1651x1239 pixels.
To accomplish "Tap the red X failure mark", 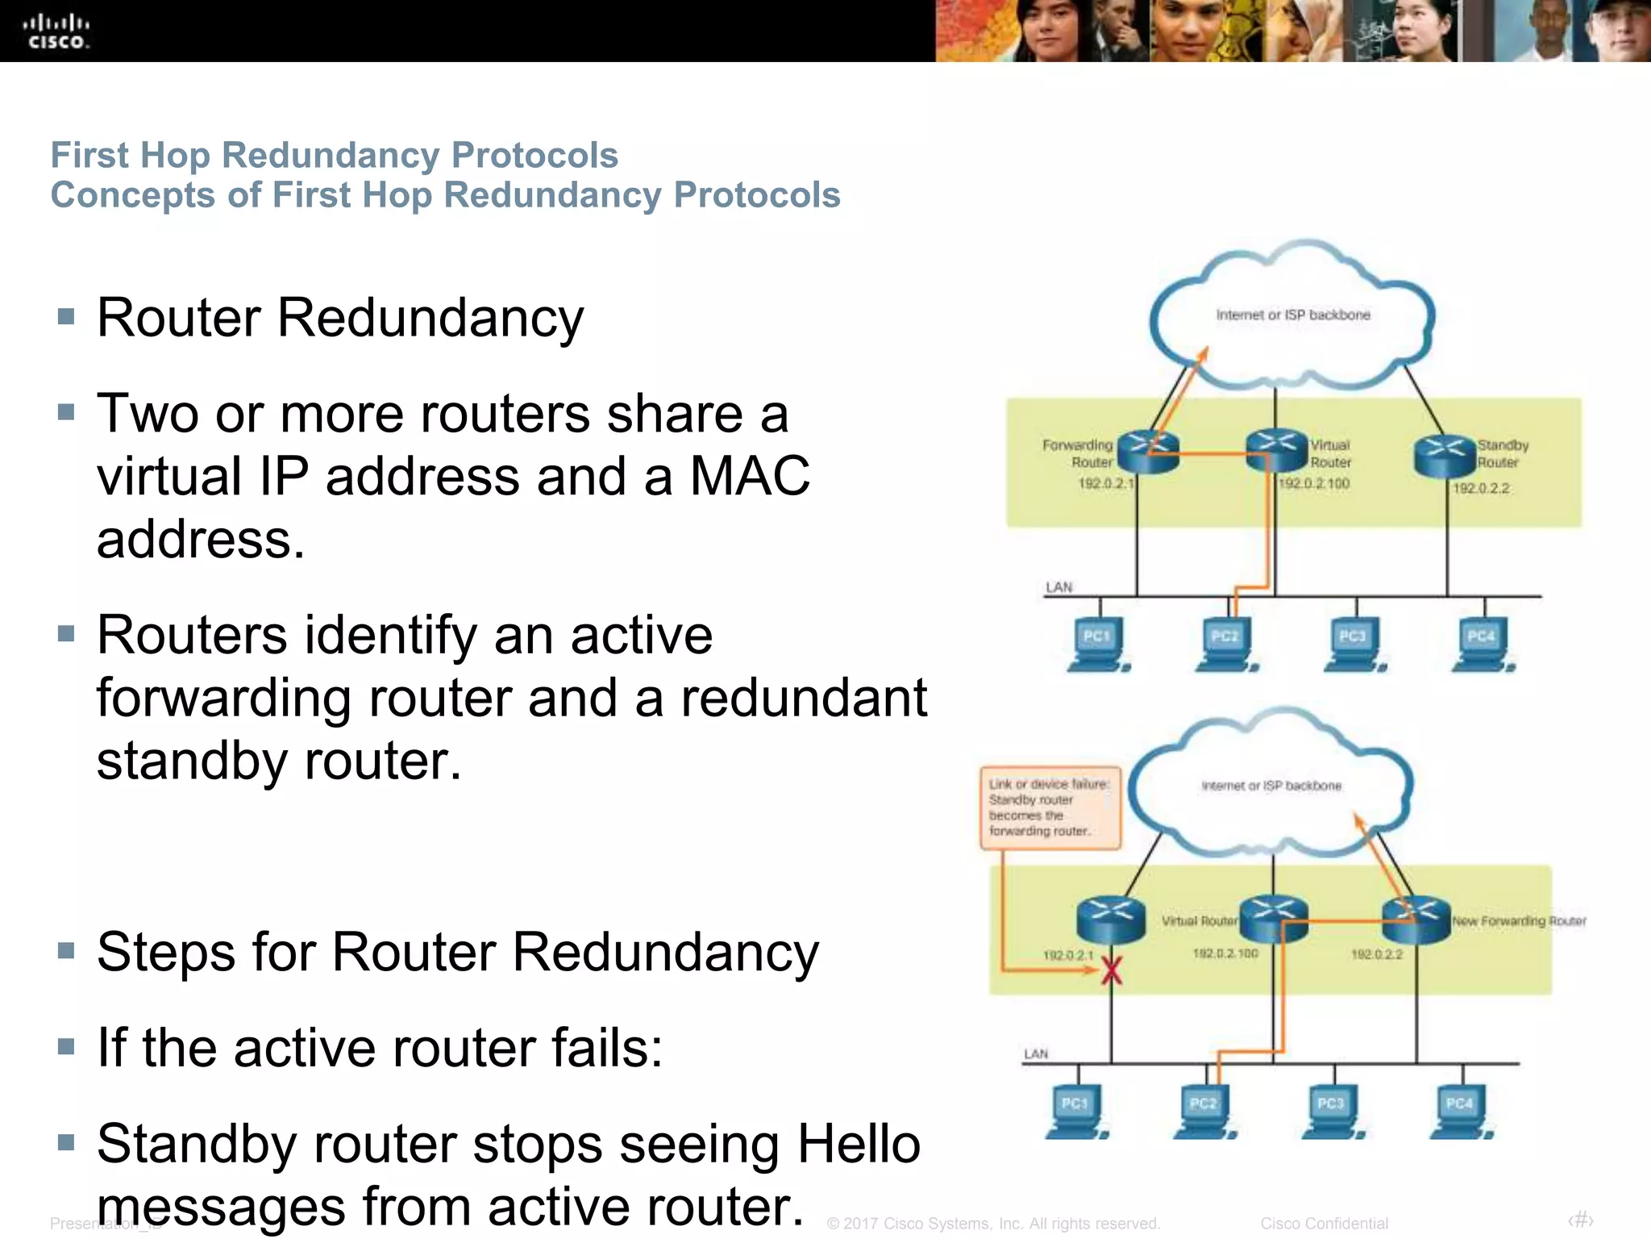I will pyautogui.click(x=1112, y=970).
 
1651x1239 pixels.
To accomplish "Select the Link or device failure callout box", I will pyautogui.click(x=1050, y=807).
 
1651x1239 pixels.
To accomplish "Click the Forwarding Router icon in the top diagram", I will pyautogui.click(x=1148, y=452).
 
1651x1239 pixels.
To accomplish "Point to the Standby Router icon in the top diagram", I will pyautogui.click(x=1445, y=456).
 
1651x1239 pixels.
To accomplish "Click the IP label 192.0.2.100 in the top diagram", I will pyautogui.click(x=1314, y=483).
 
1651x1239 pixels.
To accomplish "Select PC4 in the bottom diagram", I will pyautogui.click(x=1461, y=1111).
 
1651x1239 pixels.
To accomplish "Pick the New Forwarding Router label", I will pyautogui.click(x=1519, y=920).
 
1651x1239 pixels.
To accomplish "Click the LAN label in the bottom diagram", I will pyautogui.click(x=1036, y=1053).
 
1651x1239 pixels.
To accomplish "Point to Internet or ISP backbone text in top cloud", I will pyautogui.click(x=1293, y=315).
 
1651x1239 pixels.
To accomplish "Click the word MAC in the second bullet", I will pyautogui.click(x=750, y=476).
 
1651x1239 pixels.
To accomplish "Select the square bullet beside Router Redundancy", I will pyautogui.click(x=66, y=316).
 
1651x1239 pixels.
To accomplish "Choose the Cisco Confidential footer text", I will pyautogui.click(x=1324, y=1223).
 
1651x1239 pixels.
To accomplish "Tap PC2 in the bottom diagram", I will pyautogui.click(x=1204, y=1111).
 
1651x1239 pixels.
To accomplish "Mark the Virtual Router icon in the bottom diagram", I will pyautogui.click(x=1274, y=920).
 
